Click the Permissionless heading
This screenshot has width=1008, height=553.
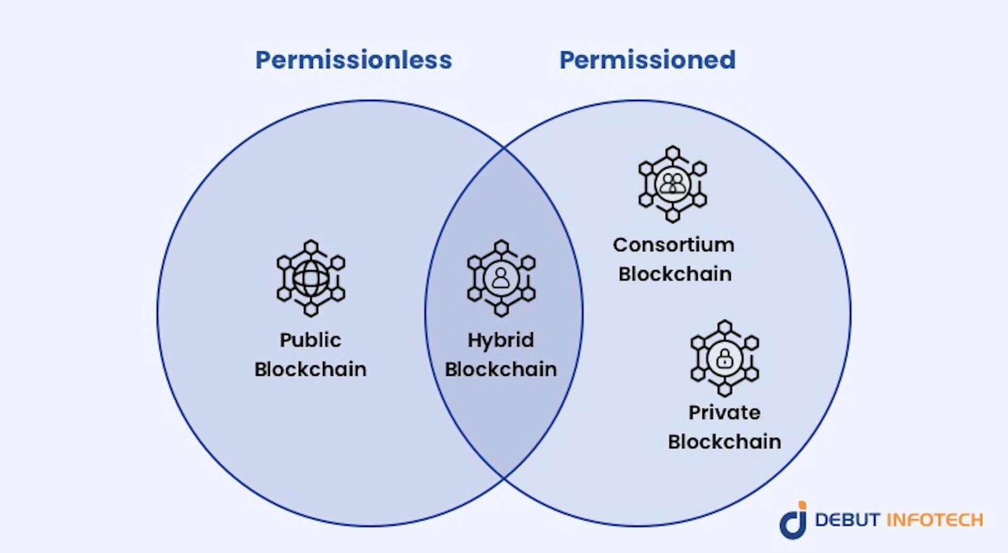[353, 60]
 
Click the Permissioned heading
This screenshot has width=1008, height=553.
[647, 60]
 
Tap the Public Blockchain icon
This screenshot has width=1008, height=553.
[311, 278]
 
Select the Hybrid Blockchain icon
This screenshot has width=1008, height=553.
[501, 278]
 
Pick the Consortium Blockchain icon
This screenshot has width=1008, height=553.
[673, 184]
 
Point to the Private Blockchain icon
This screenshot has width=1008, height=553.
[724, 358]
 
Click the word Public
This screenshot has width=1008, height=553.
[310, 340]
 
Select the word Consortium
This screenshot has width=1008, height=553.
[674, 245]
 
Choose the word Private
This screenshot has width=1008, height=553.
[724, 413]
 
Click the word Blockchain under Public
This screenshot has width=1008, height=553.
[310, 369]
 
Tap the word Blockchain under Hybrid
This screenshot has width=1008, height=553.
[501, 369]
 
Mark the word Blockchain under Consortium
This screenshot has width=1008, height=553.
[675, 274]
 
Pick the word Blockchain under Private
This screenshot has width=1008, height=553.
[724, 442]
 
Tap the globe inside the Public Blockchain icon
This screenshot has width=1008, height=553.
[311, 279]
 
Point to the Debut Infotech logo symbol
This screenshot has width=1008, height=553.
[793, 520]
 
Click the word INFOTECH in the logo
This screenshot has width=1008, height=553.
[935, 520]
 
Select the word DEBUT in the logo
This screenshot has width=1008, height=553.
[847, 520]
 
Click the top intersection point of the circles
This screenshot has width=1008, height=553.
[504, 148]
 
